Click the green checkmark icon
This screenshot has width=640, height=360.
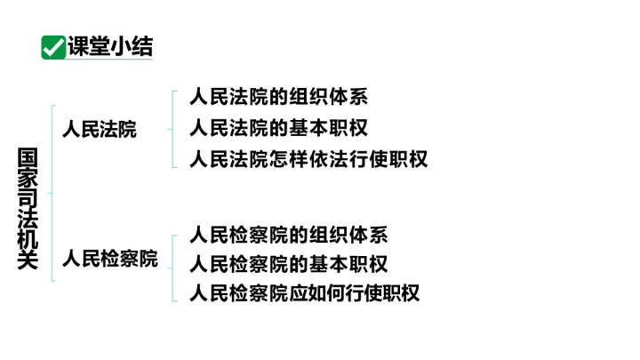(53, 47)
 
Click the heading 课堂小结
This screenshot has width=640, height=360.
(110, 46)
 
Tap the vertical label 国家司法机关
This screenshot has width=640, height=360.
(28, 208)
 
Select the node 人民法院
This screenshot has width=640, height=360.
(100, 130)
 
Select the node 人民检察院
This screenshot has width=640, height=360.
(110, 259)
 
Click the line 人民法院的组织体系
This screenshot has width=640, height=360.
(279, 97)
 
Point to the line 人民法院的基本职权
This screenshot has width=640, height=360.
(279, 128)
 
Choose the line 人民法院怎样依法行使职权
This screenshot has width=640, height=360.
(308, 159)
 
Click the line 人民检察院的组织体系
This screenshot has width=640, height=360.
(289, 235)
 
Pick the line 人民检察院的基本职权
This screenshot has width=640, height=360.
(289, 264)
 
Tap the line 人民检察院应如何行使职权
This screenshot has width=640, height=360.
(305, 293)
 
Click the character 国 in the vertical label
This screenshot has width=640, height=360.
(28, 157)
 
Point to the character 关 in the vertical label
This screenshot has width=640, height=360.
(28, 260)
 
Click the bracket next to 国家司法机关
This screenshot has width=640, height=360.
(52, 194)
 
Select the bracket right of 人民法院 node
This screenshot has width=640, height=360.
(172, 129)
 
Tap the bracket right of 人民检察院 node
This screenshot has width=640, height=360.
(172, 268)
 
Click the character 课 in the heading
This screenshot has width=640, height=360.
(78, 46)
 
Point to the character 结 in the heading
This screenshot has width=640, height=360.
(142, 46)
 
